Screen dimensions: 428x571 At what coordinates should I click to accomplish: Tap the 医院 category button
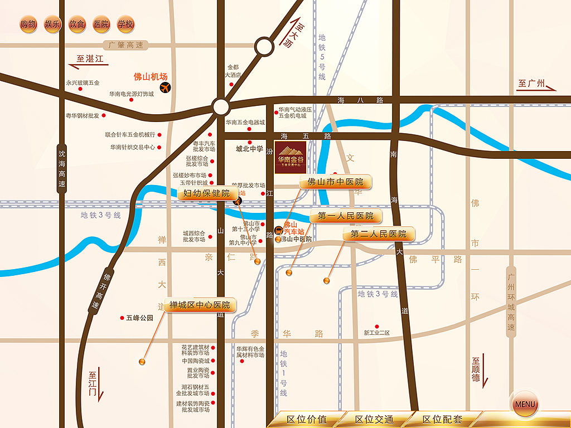[x=101, y=25]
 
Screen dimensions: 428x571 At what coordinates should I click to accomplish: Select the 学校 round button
[x=126, y=25]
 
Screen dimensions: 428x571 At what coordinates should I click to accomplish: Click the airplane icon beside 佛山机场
[x=165, y=87]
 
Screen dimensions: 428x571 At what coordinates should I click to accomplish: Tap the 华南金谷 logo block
[x=291, y=157]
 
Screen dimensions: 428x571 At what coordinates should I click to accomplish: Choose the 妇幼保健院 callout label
[x=207, y=194]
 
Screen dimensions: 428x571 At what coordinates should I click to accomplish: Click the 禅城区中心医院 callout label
[x=196, y=305]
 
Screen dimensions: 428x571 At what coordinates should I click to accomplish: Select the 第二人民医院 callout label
[x=379, y=234]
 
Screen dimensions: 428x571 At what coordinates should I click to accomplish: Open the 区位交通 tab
[x=374, y=420]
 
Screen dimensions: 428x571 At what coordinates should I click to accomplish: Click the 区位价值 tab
[x=306, y=420]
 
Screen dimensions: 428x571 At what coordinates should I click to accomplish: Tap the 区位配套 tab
[x=442, y=420]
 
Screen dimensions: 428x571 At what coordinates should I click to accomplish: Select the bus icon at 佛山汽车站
[x=278, y=229]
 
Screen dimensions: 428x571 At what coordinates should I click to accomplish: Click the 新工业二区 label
[x=377, y=333]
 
